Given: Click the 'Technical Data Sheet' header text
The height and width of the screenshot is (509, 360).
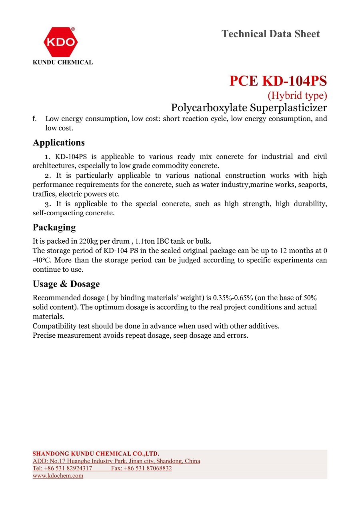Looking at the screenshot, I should coord(270,34).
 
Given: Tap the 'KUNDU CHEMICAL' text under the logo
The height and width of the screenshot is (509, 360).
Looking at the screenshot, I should coord(63,62).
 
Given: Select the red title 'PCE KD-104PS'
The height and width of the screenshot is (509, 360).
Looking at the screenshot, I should coord(278,81).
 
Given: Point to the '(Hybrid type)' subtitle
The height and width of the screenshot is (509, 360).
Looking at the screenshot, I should coord(297,95).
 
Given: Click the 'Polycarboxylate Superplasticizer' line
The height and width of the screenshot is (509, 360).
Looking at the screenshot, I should coord(249,108).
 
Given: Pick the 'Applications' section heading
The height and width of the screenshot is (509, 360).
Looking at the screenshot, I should coord(59,143).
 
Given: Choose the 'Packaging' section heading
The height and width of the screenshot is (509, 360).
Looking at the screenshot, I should coord(54,228).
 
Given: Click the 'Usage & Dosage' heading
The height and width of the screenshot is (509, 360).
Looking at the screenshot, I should coord(66,284).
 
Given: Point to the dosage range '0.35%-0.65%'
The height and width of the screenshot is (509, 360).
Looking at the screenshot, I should coord(233,298).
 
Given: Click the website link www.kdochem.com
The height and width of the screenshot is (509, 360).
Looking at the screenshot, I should coord(58,476).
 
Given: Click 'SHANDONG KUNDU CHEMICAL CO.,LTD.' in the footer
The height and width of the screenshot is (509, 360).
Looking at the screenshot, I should coord(96,454).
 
